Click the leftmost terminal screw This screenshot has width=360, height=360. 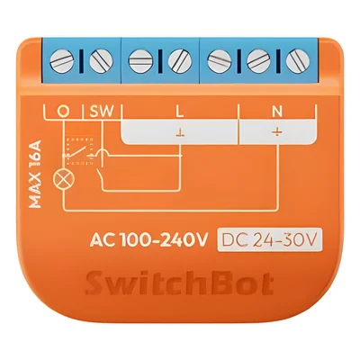click(62, 61)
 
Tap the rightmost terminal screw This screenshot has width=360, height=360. click(297, 61)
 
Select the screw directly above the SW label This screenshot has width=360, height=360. click(101, 61)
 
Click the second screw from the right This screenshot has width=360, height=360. click(258, 61)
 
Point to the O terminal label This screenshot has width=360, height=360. click(63, 112)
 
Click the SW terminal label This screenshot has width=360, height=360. click(102, 112)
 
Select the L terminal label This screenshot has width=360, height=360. click(179, 112)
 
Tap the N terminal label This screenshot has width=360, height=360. click(277, 112)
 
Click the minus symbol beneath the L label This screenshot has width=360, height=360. click(180, 132)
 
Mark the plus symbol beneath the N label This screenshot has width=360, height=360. click(277, 132)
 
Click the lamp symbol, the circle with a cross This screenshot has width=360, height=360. click(64, 180)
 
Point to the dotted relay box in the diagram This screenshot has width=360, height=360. click(80, 151)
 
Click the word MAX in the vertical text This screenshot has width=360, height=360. click(36, 191)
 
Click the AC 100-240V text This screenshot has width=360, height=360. click(148, 240)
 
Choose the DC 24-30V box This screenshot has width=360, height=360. click(269, 239)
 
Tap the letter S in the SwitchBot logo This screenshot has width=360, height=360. click(95, 283)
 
